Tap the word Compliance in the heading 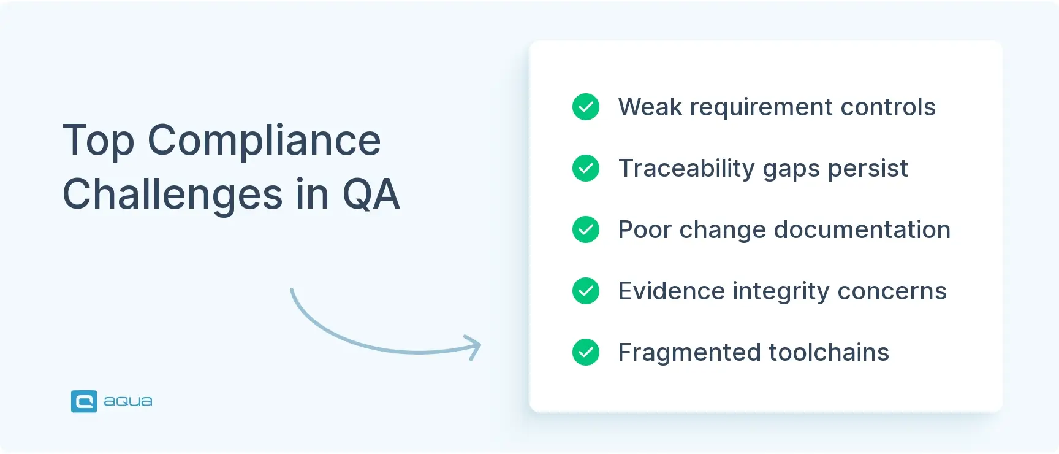tap(264, 141)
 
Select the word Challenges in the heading tap(173, 194)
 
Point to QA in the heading tap(371, 194)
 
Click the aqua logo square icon tap(84, 401)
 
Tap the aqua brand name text tap(128, 401)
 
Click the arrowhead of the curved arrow tap(474, 347)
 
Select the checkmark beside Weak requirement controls tap(586, 107)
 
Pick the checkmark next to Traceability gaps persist tap(586, 168)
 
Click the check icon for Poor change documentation tap(586, 229)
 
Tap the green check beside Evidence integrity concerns tap(586, 291)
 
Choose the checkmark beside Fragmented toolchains tap(586, 352)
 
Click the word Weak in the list tap(650, 107)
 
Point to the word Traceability tap(686, 169)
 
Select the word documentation tap(862, 230)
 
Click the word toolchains tap(829, 353)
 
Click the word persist tap(868, 169)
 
